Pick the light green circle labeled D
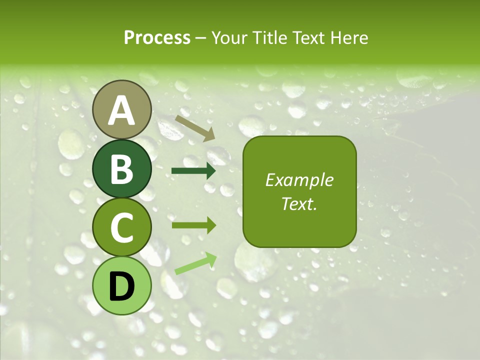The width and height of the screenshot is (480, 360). click(122, 285)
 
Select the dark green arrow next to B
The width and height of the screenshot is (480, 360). click(193, 171)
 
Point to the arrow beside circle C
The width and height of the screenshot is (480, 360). click(193, 225)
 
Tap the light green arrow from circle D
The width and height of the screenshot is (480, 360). click(195, 263)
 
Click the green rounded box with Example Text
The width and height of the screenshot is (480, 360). click(299, 191)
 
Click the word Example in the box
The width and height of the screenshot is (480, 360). click(299, 180)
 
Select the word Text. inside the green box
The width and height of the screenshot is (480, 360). click(299, 203)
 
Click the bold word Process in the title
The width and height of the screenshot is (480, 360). click(157, 38)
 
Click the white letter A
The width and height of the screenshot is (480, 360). click(122, 110)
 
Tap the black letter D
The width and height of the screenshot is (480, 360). click(122, 286)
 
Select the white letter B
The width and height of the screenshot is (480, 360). click(122, 169)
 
